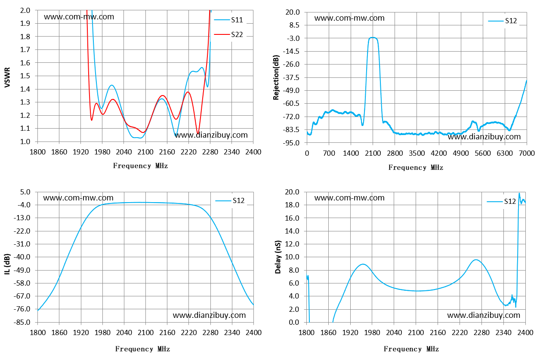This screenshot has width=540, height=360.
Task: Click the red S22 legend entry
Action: click(228, 34)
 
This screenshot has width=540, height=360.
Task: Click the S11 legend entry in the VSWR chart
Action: click(228, 20)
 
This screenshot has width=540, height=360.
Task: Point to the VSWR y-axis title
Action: click(7, 77)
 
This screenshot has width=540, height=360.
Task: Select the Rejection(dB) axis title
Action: click(276, 77)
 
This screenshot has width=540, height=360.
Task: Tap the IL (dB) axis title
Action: click(7, 264)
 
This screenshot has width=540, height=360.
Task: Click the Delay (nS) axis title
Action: click(278, 257)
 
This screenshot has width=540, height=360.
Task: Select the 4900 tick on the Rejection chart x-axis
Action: click(461, 153)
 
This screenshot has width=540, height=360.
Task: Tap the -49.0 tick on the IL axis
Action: click(22, 270)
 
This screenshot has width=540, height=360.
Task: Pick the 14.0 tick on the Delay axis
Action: click(292, 231)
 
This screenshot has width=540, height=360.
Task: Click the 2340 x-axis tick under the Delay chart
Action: click(503, 333)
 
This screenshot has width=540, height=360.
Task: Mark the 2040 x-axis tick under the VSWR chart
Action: click(123, 152)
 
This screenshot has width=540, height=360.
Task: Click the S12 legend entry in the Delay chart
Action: click(501, 201)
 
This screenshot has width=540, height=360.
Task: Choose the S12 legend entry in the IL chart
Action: click(230, 200)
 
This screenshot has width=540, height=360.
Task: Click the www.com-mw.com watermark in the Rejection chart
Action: click(349, 18)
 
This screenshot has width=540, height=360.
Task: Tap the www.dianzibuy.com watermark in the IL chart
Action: click(209, 315)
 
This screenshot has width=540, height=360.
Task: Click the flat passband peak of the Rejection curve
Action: click(373, 37)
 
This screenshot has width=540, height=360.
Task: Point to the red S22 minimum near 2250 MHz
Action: click(198, 133)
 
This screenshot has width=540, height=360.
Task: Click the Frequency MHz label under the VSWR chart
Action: click(141, 166)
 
